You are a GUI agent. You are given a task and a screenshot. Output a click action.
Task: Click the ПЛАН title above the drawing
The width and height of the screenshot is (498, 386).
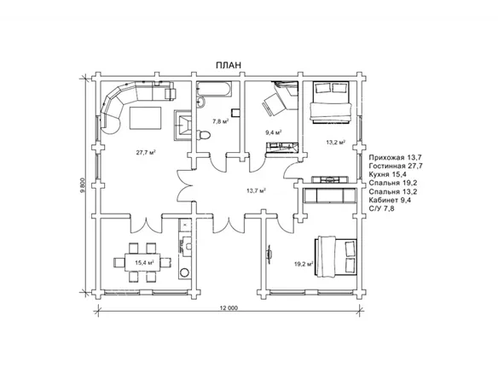[x=229, y=65]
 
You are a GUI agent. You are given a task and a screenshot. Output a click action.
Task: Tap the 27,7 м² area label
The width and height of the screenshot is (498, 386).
[x=146, y=153]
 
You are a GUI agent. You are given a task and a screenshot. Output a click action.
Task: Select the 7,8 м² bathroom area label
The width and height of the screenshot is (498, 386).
[x=221, y=121]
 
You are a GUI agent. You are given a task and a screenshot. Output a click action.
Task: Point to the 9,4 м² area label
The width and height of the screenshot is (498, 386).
[x=274, y=132]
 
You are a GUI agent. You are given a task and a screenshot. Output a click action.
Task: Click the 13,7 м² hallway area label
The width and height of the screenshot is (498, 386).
[x=256, y=190]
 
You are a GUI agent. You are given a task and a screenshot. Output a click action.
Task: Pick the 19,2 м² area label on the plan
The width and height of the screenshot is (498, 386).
[x=304, y=264]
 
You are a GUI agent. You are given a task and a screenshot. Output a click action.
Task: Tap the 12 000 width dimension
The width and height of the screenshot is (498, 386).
[x=229, y=307]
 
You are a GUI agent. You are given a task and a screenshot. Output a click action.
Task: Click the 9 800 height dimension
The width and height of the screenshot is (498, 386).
[x=83, y=185]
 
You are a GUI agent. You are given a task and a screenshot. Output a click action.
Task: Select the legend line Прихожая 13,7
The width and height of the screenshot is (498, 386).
[x=396, y=157]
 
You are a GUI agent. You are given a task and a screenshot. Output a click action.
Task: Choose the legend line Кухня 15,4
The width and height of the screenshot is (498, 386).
[x=388, y=174]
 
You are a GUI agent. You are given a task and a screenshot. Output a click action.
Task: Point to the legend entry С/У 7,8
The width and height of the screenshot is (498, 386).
[x=382, y=208]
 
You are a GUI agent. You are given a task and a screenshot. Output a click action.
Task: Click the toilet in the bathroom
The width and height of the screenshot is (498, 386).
[x=204, y=135]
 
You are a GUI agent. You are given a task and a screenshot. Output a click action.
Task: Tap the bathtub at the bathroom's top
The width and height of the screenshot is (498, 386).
[x=214, y=89]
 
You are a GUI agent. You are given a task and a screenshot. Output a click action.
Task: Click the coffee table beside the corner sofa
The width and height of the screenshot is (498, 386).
[x=145, y=119]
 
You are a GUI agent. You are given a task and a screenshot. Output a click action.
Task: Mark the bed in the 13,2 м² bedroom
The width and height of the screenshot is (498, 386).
[x=331, y=102]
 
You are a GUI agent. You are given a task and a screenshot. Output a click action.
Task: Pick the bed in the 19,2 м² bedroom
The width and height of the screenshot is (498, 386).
[x=336, y=256]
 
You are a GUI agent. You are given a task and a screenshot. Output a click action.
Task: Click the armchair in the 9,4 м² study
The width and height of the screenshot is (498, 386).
[x=273, y=104]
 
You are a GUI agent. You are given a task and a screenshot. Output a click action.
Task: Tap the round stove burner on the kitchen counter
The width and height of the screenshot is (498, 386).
[x=184, y=272]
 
